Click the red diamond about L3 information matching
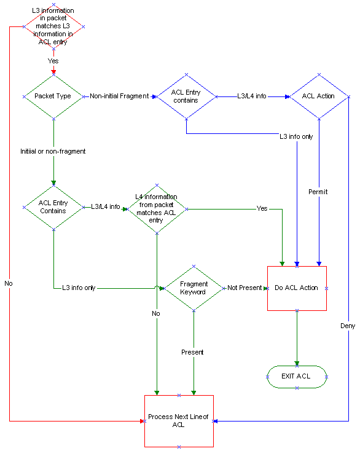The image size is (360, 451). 53,27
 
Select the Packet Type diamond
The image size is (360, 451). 53,96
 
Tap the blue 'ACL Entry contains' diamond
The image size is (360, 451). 186,96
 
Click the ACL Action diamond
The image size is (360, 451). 319,96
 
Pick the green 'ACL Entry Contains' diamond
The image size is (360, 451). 53,207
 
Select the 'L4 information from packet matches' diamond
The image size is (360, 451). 157,208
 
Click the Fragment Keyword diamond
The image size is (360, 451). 194,288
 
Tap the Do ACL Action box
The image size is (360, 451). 297,288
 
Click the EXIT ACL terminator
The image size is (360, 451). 297,376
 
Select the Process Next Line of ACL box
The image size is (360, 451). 179,420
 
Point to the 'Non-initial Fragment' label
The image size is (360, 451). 119,96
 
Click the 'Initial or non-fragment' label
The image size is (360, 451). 53,151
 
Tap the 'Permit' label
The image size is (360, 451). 318,192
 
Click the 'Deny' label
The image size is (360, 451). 348,326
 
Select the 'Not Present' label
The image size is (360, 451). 245,288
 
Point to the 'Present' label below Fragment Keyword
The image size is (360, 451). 192,352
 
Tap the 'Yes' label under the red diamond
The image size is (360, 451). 53,61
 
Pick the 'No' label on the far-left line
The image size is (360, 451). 9,283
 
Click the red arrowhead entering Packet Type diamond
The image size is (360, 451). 53,72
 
